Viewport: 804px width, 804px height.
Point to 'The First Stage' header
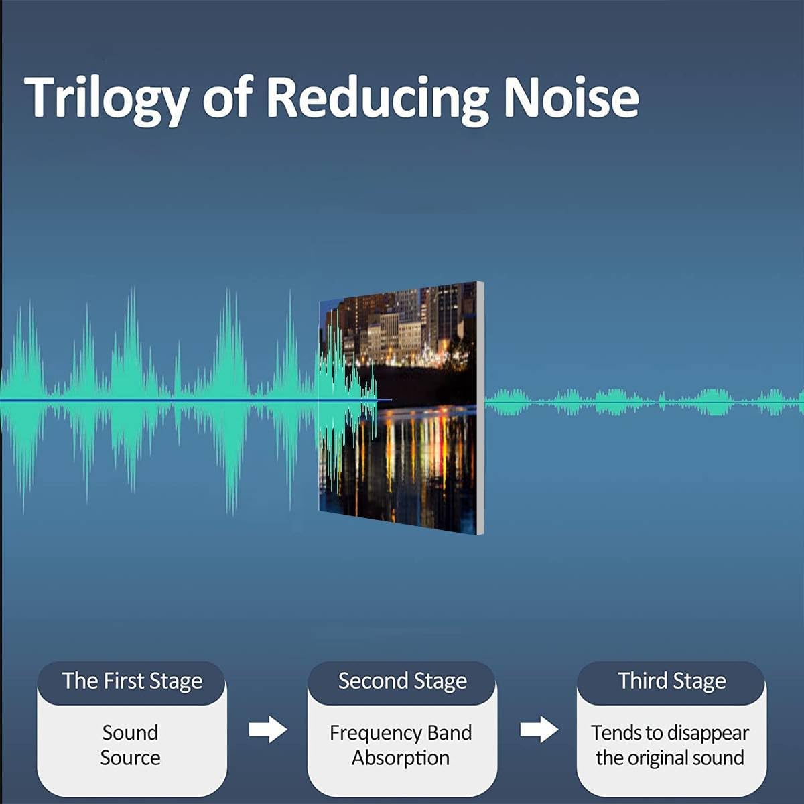pyautogui.click(x=132, y=681)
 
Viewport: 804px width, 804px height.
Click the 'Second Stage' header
pyautogui.click(x=402, y=681)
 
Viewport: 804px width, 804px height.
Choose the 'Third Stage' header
pyautogui.click(x=672, y=681)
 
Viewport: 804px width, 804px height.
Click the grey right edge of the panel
pyautogui.click(x=480, y=408)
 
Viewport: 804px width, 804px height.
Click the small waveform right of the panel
pyautogui.click(x=644, y=402)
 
